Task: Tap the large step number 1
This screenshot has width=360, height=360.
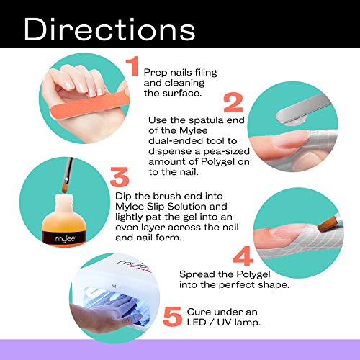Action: pyautogui.click(x=132, y=67)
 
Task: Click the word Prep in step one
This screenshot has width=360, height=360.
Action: pyautogui.click(x=156, y=72)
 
